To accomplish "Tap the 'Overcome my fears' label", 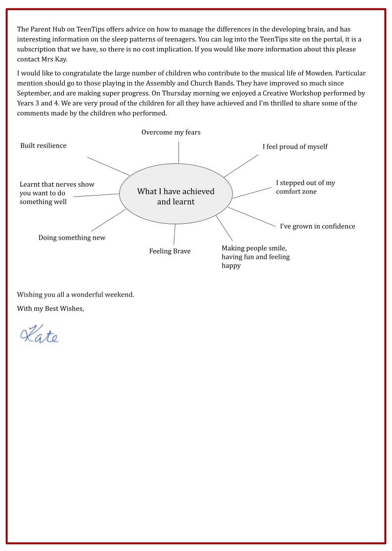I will (x=171, y=133).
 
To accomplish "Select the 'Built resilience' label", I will (x=44, y=146).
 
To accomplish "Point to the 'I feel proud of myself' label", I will (x=295, y=147).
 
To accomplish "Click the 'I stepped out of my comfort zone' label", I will (x=305, y=187).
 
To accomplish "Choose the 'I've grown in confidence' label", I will (x=317, y=226).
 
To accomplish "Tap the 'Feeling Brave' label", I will (x=170, y=251).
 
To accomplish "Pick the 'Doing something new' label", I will (x=72, y=238).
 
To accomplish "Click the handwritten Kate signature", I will (x=40, y=335).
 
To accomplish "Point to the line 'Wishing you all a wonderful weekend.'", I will (x=76, y=295).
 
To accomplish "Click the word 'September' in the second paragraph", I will (x=33, y=93).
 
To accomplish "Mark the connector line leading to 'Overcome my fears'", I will (x=178, y=152).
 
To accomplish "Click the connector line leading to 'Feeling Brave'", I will (x=174, y=234).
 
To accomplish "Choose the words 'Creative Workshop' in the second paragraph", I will (x=286, y=93).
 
